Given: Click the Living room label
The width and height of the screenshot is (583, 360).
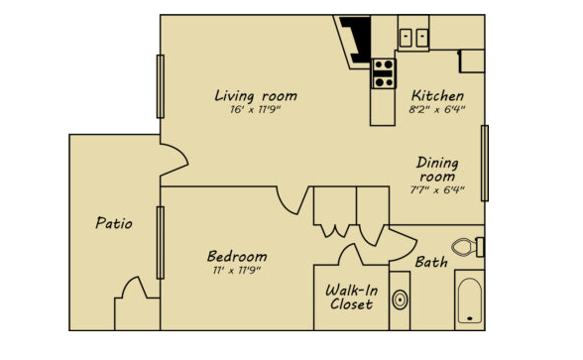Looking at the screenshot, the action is click(256, 95).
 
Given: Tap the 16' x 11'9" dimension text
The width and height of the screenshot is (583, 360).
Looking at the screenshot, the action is click(255, 110).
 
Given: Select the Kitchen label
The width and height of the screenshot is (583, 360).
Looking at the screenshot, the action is click(437, 95).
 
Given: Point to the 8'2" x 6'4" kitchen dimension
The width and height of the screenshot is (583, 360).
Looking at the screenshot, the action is click(437, 109).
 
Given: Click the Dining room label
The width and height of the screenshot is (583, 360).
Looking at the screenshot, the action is click(437, 170).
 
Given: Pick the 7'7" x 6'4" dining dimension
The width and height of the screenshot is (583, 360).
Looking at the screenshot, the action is click(437, 190).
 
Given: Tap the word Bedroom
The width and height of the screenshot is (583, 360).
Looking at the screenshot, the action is click(237, 256).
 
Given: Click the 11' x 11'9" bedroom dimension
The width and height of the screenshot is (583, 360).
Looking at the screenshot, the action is click(236, 271).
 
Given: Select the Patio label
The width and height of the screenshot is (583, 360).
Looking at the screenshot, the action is click(114, 223).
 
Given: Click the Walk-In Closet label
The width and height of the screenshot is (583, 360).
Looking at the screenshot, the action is click(351, 298).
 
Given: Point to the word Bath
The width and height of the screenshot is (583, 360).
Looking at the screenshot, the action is click(431, 262).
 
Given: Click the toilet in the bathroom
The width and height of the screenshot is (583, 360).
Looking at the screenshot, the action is click(468, 247).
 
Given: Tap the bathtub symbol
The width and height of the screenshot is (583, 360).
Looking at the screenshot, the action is click(470, 300).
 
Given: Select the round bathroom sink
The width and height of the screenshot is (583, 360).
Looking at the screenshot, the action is click(400, 300).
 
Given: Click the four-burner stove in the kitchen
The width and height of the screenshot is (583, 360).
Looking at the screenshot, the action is click(384, 73).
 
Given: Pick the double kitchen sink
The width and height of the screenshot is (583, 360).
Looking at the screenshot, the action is click(413, 38).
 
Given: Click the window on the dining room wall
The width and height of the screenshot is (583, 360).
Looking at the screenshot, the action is click(485, 164).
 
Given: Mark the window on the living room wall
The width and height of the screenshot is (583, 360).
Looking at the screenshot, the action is click(161, 86).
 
